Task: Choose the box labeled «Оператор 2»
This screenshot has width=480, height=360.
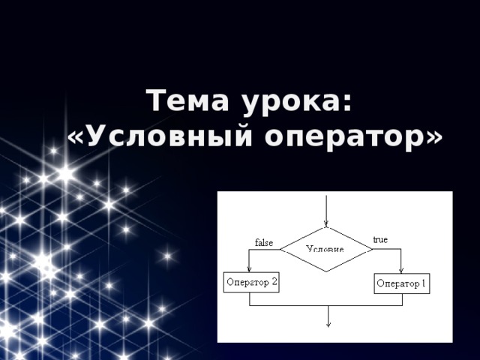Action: (x=251, y=283)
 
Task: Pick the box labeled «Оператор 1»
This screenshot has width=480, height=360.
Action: (x=402, y=283)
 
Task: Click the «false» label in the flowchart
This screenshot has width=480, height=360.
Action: (x=264, y=242)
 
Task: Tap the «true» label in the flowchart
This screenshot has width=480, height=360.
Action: (x=380, y=240)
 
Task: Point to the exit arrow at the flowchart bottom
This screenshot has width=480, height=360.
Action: (x=327, y=318)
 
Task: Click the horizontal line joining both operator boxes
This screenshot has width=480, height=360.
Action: (x=325, y=306)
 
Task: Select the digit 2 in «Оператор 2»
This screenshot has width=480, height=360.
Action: (x=274, y=283)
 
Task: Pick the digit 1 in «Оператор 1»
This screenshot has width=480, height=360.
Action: (x=424, y=283)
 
